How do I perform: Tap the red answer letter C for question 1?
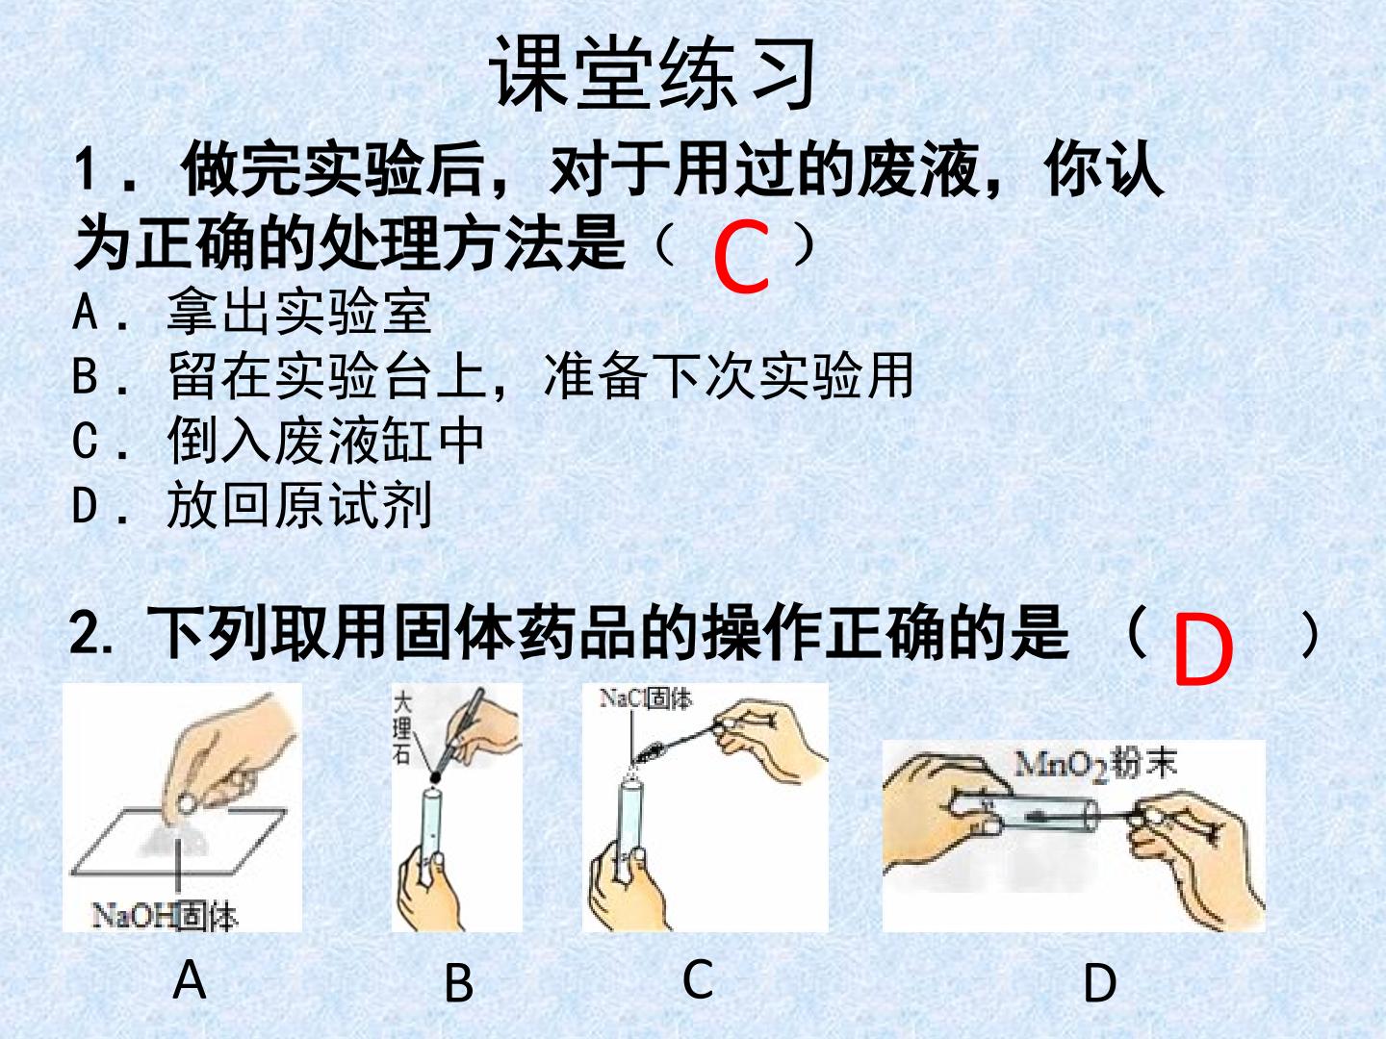742,257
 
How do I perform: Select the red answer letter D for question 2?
1203,651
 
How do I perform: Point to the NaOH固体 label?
165,916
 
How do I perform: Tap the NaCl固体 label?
645,698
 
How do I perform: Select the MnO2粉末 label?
1095,765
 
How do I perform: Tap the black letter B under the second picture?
459,983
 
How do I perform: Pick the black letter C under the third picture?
698,978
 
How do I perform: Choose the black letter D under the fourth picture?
1100,983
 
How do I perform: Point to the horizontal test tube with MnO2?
1024,815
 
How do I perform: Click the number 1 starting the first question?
86,169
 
